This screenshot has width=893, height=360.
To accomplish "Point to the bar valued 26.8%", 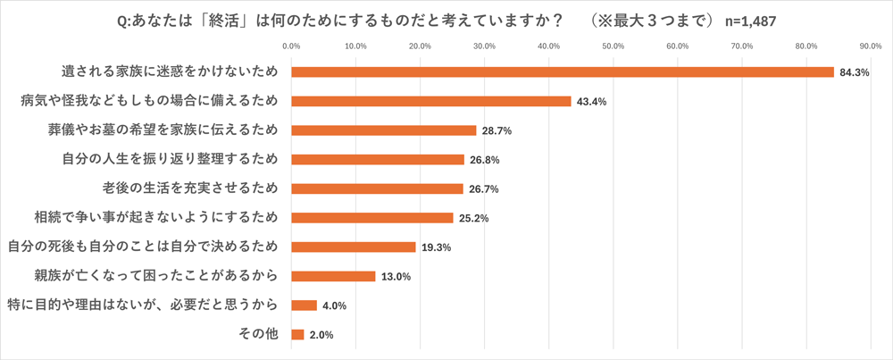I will click(378, 160).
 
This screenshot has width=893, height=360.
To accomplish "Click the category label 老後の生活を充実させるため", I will click(191, 188).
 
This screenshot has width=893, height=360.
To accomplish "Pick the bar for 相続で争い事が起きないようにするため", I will click(372, 217).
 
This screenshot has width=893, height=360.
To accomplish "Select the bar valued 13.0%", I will click(333, 276).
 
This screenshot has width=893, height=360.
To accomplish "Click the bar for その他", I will click(297, 334).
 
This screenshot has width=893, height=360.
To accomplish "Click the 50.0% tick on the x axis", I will click(613, 46).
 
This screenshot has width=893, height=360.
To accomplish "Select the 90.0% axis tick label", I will click(871, 46).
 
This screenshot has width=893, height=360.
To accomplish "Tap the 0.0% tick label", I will click(291, 46).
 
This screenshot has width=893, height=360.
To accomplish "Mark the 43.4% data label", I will click(591, 102).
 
